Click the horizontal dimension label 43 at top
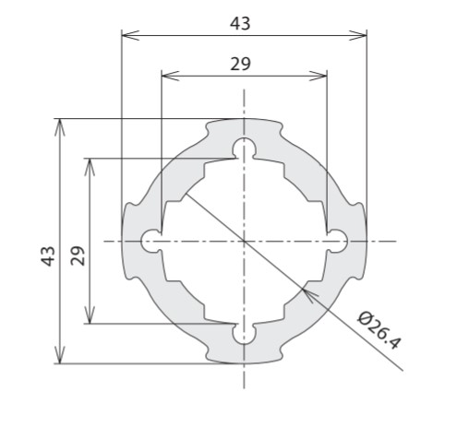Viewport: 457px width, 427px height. [x=240, y=24]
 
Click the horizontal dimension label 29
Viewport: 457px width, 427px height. [x=240, y=65]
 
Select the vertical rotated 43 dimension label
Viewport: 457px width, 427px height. [x=48, y=256]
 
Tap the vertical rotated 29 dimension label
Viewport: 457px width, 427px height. [x=78, y=255]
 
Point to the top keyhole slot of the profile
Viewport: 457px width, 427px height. [x=244, y=148]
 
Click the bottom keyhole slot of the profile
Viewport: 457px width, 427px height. [x=244, y=334]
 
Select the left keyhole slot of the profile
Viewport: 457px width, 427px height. [x=151, y=241]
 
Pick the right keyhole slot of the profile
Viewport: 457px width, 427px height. [x=337, y=241]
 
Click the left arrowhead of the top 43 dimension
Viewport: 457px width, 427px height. [x=130, y=35]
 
